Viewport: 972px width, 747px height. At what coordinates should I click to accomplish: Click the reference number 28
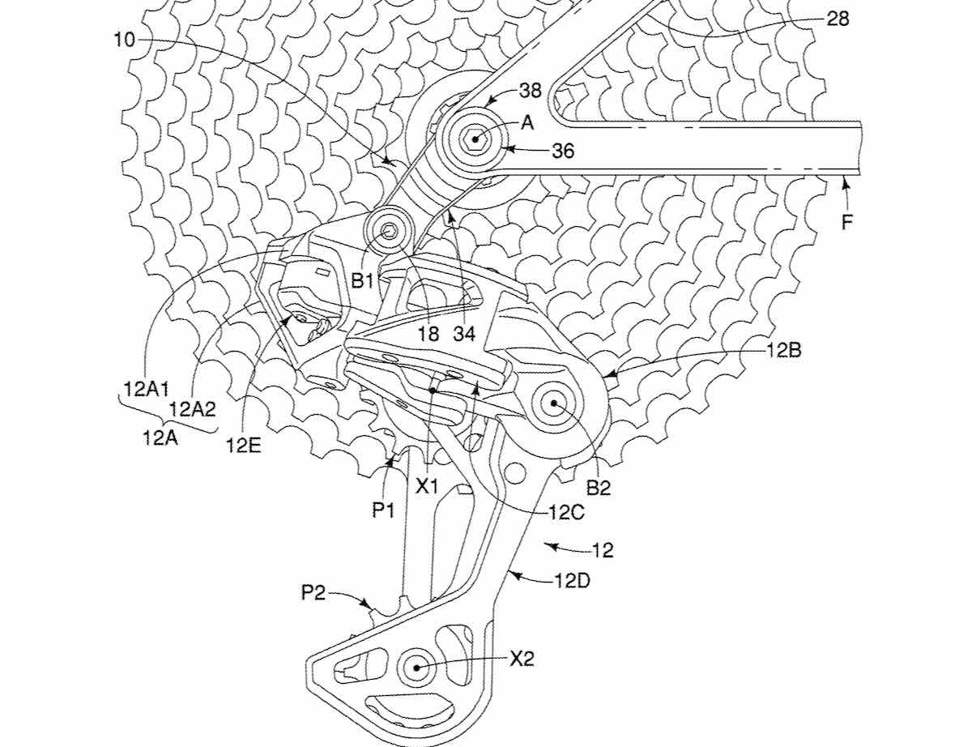pos(837,19)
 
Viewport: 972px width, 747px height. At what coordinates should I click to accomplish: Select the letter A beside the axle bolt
pos(527,122)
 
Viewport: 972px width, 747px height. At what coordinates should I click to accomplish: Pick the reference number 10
pos(124,40)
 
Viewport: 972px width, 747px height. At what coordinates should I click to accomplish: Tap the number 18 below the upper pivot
pos(428,333)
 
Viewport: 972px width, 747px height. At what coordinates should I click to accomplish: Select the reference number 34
pos(466,333)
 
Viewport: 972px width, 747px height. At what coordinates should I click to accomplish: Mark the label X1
pos(427,487)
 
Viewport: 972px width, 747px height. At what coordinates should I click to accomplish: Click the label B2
pos(599,488)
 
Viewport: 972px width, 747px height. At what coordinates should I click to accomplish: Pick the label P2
pos(313,593)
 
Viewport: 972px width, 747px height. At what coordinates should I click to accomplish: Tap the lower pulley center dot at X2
pos(416,667)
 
